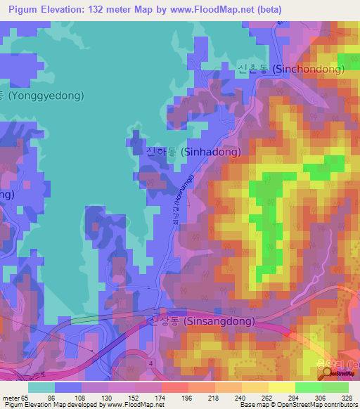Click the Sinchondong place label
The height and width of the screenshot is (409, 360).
coord(291,70)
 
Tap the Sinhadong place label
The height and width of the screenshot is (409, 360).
coord(193,151)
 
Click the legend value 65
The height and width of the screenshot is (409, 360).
coord(27,396)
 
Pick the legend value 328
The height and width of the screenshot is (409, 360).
coord(340,396)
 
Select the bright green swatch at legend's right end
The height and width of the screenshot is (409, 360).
coord(335,387)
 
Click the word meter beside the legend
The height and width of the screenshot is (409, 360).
coord(10,396)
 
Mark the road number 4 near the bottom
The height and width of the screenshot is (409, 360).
coord(150,363)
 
